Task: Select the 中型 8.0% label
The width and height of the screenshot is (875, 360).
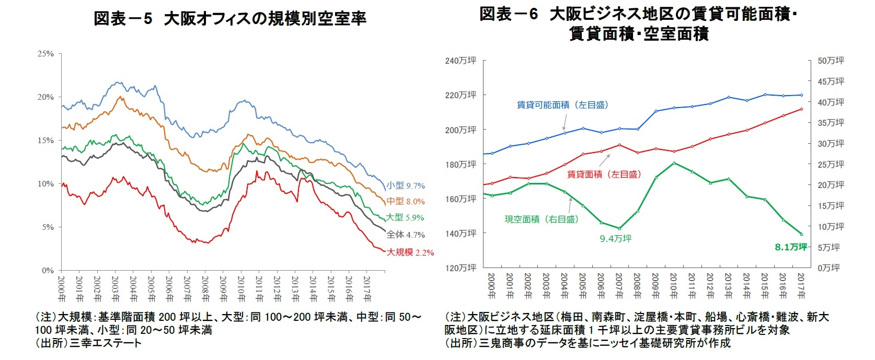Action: (406, 201)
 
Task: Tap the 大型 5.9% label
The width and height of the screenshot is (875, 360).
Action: (405, 217)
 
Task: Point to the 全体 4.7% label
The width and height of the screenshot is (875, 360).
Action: (406, 235)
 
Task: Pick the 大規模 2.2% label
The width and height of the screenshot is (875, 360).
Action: (410, 252)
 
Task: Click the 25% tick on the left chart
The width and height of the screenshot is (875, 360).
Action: (46, 54)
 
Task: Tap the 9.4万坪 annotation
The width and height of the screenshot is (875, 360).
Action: (615, 239)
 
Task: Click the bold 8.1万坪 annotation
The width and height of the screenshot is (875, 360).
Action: (791, 247)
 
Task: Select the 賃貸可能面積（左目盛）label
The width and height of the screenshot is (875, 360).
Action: (562, 105)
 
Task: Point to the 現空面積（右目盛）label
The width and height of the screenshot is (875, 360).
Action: (542, 219)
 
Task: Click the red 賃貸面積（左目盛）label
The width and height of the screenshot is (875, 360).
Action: (604, 175)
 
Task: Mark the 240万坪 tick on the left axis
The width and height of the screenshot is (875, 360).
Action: (460, 61)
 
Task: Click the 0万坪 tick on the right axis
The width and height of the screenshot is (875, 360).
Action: (828, 268)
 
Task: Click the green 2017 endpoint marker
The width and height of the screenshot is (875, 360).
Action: (801, 234)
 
